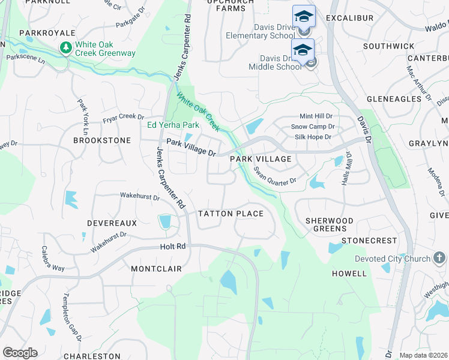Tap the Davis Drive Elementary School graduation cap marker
[304, 16]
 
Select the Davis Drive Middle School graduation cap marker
[303, 50]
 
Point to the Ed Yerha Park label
[173, 125]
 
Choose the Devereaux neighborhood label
[112, 223]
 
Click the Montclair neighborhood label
[156, 269]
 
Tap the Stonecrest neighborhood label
[369, 240]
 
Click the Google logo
[20, 353]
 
